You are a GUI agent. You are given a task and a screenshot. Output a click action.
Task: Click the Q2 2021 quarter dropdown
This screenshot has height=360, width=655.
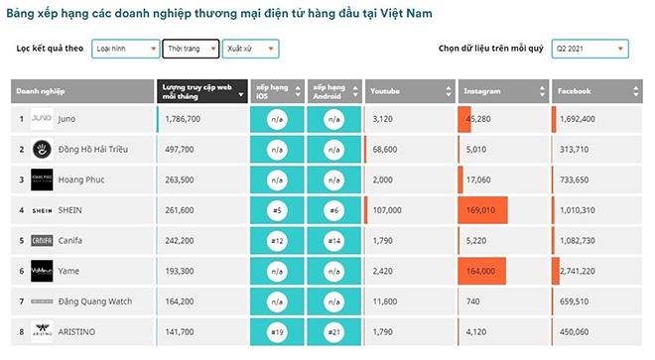click(x=590, y=49)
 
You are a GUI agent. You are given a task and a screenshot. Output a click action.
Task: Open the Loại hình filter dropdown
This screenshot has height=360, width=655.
click(x=125, y=49)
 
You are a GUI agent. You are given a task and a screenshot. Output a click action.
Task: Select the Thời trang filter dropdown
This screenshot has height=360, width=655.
click(x=190, y=49)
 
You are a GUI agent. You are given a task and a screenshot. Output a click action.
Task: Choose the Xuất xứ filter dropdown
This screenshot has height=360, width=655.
click(x=250, y=49)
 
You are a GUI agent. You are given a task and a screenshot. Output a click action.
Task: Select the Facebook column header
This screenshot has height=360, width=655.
click(x=596, y=90)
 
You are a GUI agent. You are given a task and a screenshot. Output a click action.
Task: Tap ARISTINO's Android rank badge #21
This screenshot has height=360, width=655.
click(x=334, y=329)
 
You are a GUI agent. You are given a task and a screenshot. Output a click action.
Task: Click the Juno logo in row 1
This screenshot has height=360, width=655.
click(x=43, y=119)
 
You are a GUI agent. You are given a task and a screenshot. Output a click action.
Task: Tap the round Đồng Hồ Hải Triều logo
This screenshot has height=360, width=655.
click(x=43, y=150)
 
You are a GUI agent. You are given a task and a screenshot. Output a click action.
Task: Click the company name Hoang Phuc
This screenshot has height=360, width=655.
click(x=82, y=180)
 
